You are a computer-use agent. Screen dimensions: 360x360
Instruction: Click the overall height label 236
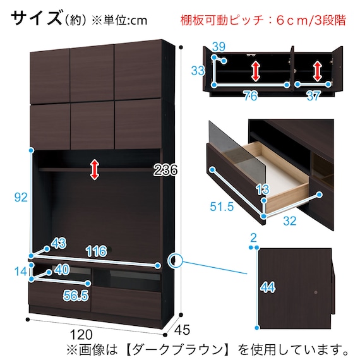click(x=165, y=170)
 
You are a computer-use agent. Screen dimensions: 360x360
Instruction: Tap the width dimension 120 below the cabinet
click(x=81, y=335)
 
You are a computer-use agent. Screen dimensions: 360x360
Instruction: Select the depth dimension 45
click(x=182, y=330)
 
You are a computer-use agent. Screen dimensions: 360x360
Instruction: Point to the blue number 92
click(x=21, y=197)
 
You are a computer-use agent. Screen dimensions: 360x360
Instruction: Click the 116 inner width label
click(x=97, y=251)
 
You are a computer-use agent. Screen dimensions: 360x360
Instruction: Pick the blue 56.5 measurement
click(x=76, y=296)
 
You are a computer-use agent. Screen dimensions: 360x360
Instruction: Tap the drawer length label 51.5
click(x=222, y=207)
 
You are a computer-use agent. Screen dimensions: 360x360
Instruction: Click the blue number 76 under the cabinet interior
click(x=251, y=96)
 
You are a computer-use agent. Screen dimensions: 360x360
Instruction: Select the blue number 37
click(x=313, y=96)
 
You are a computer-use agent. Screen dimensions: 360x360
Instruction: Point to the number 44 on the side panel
click(x=268, y=287)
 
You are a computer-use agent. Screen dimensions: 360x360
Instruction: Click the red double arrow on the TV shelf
click(x=95, y=170)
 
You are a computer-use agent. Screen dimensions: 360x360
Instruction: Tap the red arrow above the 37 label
click(x=317, y=71)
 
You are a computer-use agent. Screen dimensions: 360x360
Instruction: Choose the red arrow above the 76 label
click(x=255, y=71)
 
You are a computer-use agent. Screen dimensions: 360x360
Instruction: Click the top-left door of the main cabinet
click(x=50, y=76)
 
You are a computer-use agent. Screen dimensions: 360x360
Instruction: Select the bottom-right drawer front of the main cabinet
click(x=126, y=301)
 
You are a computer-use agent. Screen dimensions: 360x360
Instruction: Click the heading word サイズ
click(x=37, y=18)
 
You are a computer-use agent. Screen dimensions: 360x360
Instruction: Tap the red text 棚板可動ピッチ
click(x=222, y=20)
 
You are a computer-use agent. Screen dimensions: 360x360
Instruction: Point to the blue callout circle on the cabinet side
click(x=175, y=260)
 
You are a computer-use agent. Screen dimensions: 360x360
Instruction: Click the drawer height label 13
click(x=263, y=190)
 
